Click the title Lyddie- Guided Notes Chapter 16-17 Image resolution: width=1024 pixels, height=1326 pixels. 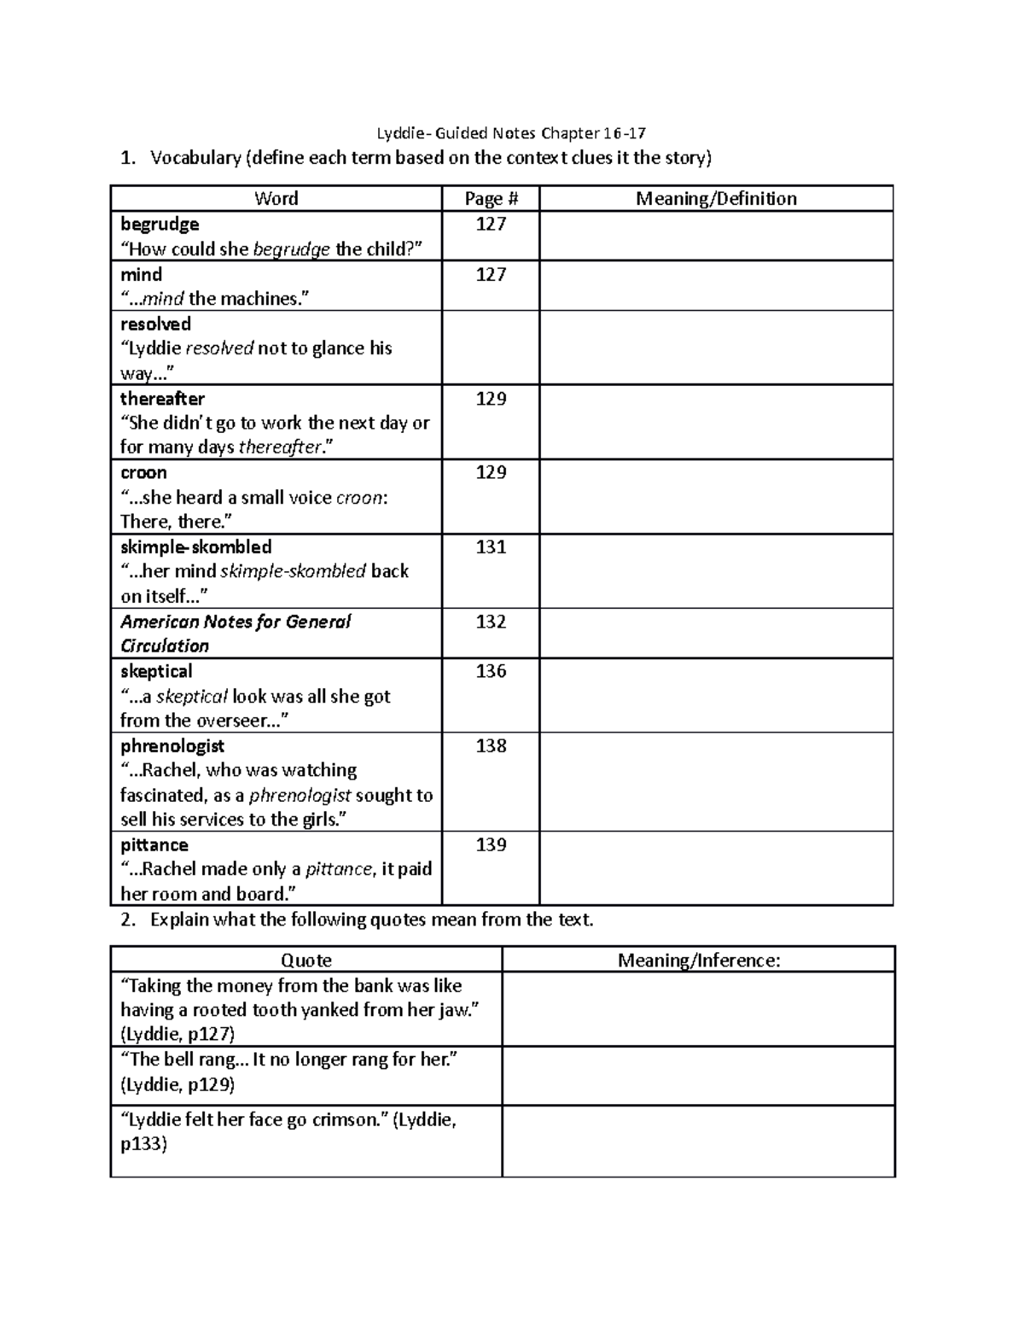tap(511, 132)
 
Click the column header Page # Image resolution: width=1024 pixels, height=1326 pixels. tap(491, 199)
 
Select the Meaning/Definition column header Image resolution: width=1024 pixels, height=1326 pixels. tap(716, 199)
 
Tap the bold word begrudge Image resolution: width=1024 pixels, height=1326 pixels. tap(160, 225)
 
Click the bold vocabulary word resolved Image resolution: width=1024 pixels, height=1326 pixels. tap(155, 324)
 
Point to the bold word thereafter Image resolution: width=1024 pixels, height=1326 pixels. tap(162, 399)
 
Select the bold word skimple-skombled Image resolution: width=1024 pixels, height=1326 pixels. tap(195, 547)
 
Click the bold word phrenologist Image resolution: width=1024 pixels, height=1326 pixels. tap(172, 746)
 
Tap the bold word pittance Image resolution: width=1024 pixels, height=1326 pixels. tap(154, 845)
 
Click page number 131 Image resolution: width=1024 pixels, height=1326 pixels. tap(491, 547)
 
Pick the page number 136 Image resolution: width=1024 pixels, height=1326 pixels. tap(491, 672)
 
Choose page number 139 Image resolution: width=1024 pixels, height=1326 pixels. tap(491, 845)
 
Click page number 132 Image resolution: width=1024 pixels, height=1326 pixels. tap(491, 622)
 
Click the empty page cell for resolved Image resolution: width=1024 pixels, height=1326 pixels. tap(491, 348)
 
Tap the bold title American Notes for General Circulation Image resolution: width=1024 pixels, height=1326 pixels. tap(235, 634)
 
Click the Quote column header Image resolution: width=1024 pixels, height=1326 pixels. tap(305, 961)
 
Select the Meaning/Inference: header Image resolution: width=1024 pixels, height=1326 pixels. tap(699, 961)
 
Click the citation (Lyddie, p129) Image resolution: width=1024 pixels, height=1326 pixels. tap(177, 1085)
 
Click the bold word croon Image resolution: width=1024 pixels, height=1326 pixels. tap(143, 473)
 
